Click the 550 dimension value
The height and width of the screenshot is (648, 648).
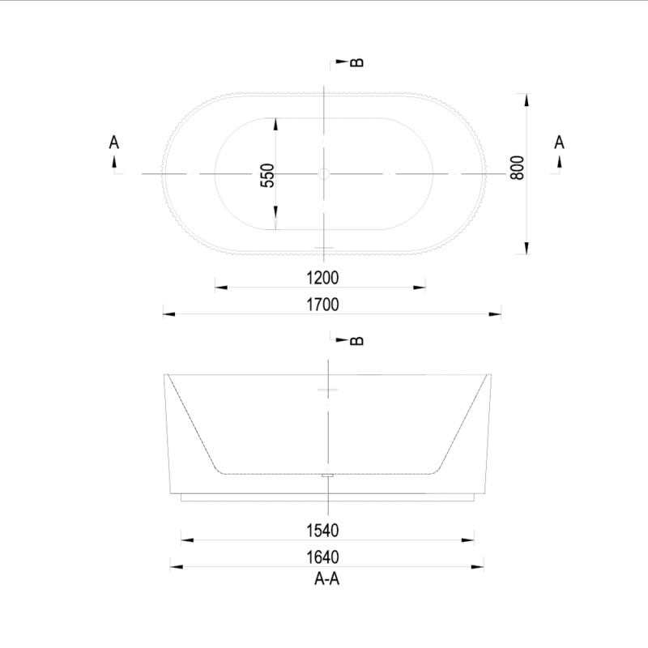(268, 175)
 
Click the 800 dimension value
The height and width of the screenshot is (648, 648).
(517, 168)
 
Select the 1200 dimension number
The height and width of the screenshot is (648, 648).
(322, 278)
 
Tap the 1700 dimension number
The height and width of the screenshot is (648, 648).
(322, 305)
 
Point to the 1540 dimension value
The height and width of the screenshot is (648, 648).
(322, 531)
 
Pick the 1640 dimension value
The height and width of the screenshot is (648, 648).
(322, 557)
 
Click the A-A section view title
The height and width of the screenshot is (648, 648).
(326, 579)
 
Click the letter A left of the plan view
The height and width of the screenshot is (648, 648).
(113, 143)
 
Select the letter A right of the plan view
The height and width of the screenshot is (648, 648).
(559, 143)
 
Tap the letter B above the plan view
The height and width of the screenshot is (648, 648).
(357, 62)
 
